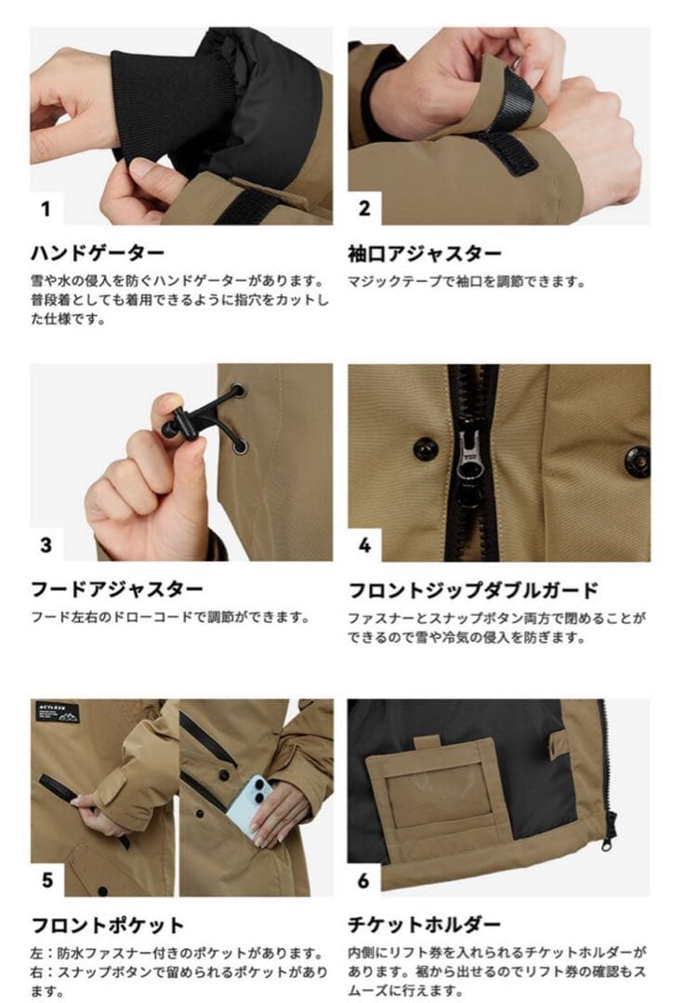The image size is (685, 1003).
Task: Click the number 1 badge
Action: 46,209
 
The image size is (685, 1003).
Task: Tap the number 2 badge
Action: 364,209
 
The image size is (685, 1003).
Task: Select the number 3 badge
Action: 46,545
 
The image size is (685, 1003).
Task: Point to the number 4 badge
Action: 364,545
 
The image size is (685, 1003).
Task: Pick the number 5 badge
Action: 46,880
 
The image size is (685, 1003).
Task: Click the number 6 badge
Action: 364,880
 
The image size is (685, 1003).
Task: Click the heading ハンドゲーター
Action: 99,253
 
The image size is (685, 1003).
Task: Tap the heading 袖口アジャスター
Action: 425,253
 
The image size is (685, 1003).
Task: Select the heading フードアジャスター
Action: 117,589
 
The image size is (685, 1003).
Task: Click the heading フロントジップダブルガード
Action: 473,589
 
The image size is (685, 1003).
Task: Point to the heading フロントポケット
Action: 108,925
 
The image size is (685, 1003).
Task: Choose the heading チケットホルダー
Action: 425,925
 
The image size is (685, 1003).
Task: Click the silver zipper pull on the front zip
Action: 468,455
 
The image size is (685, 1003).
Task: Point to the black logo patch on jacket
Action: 58,713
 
